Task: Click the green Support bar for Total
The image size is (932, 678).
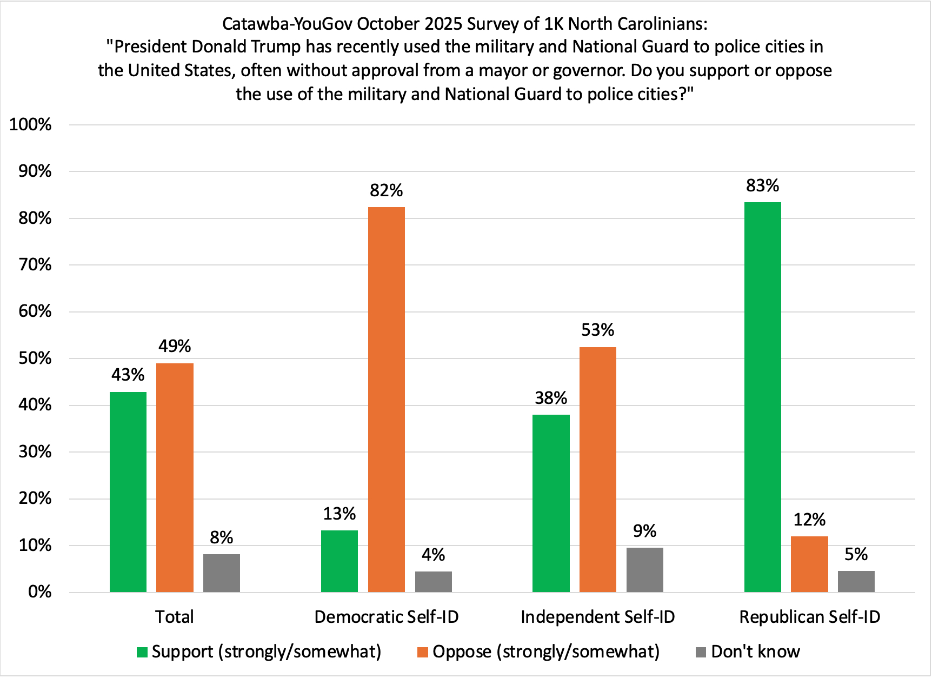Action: point(128,491)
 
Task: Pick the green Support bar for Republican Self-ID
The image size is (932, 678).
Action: point(762,397)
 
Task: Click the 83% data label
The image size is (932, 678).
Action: point(762,186)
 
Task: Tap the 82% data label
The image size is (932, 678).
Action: point(386,190)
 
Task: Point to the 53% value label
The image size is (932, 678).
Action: point(597,330)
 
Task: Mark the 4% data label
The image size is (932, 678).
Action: point(433,555)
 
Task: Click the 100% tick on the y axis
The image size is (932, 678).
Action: point(30,125)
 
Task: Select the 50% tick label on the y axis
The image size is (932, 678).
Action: point(35,358)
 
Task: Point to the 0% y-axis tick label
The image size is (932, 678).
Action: point(39,592)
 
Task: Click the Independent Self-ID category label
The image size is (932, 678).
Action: point(597,617)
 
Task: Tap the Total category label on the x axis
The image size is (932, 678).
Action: point(174,617)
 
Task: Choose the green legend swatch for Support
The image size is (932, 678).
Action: point(142,652)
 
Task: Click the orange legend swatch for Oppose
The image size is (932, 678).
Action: point(423,652)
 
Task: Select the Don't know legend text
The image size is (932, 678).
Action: point(755,652)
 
